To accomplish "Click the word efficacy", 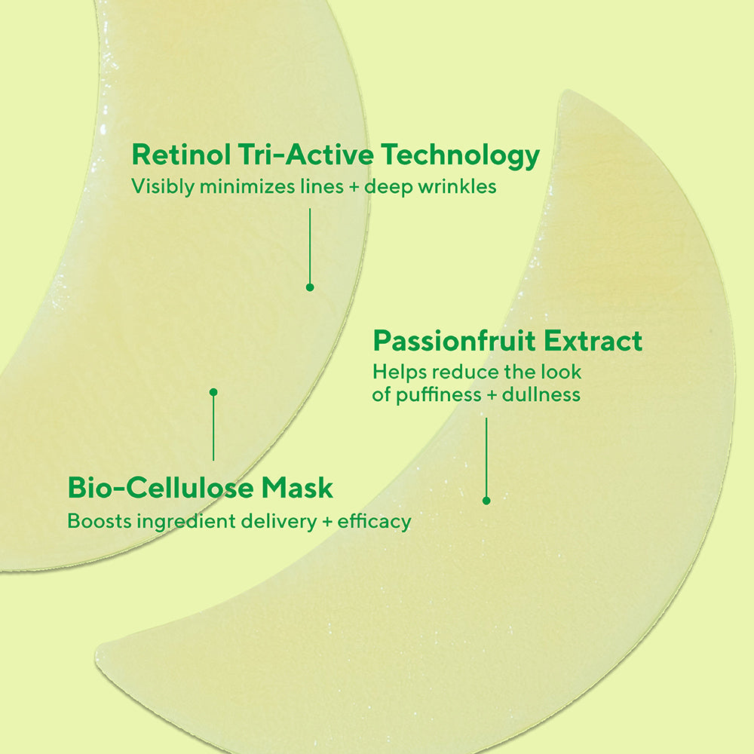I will pyautogui.click(x=375, y=522).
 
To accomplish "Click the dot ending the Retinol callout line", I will pyautogui.click(x=309, y=287).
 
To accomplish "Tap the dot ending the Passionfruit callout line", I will pyautogui.click(x=486, y=500).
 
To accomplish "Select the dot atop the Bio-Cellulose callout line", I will pyautogui.click(x=213, y=392).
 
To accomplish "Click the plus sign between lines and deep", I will pyautogui.click(x=354, y=187).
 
